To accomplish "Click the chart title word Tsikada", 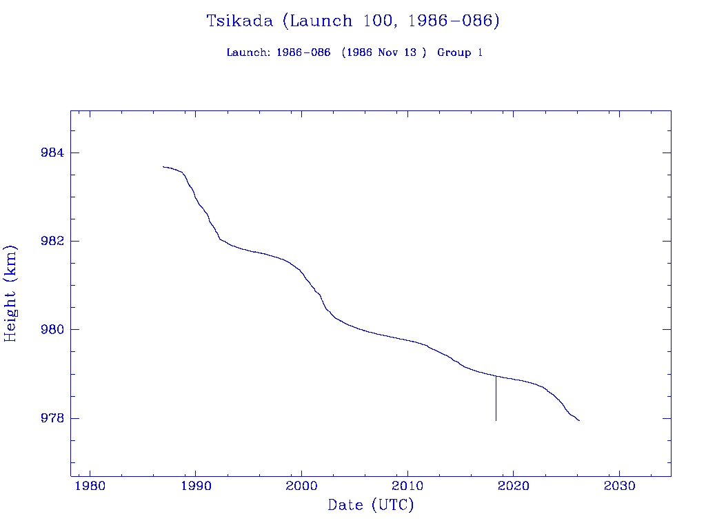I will click(x=241, y=21).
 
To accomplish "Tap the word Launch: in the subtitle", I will click(x=248, y=52).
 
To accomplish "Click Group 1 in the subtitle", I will click(x=460, y=52).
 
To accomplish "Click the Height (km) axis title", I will click(x=11, y=293).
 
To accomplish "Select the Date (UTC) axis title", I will click(x=371, y=505).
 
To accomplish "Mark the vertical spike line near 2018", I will click(x=496, y=400).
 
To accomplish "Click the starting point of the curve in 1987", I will click(x=163, y=166).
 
